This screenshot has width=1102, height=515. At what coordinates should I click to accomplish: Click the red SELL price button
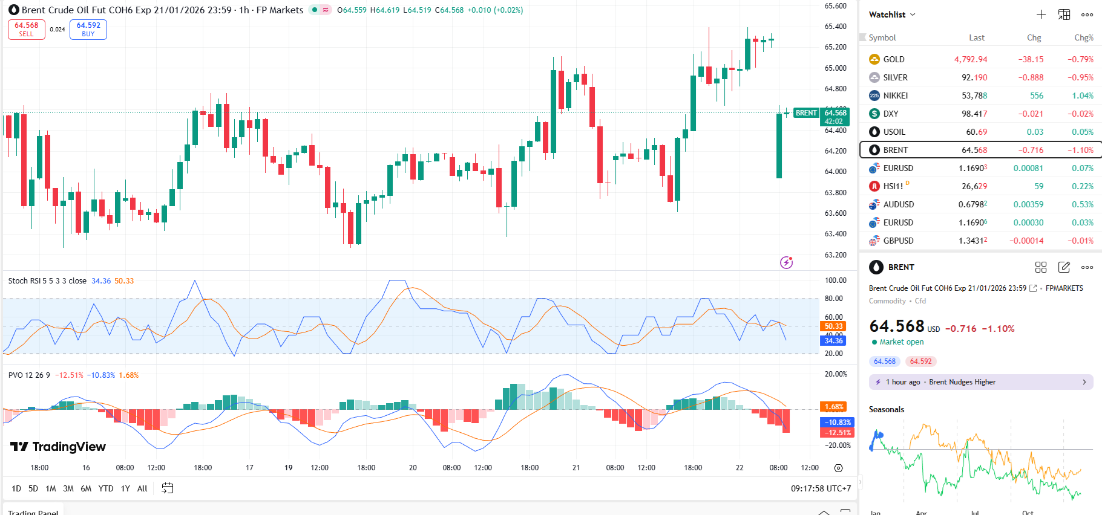(27, 29)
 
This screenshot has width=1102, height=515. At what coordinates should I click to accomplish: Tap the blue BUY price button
(88, 29)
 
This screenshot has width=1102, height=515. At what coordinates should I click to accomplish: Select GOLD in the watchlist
(893, 59)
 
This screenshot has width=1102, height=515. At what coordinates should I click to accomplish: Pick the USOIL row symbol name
(894, 132)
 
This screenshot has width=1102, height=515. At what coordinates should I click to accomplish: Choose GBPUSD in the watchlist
(898, 241)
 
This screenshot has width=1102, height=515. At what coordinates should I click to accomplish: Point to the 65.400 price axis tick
(835, 27)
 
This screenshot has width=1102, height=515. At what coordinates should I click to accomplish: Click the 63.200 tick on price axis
(835, 254)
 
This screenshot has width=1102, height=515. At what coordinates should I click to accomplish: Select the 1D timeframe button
(16, 488)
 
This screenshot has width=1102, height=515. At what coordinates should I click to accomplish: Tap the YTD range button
(106, 488)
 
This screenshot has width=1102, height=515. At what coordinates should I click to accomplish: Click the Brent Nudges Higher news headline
(962, 382)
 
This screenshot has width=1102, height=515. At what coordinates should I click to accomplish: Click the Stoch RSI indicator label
(47, 281)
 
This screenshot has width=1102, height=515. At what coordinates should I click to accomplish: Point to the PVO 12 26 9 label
(29, 375)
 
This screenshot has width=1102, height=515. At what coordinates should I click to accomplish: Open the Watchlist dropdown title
(891, 15)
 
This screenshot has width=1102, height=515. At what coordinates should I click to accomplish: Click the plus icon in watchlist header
(1041, 15)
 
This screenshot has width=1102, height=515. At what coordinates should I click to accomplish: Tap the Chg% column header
(1083, 37)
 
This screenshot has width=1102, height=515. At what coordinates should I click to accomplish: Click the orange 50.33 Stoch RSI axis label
(833, 326)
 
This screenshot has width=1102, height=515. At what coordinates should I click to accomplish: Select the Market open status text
(901, 342)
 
